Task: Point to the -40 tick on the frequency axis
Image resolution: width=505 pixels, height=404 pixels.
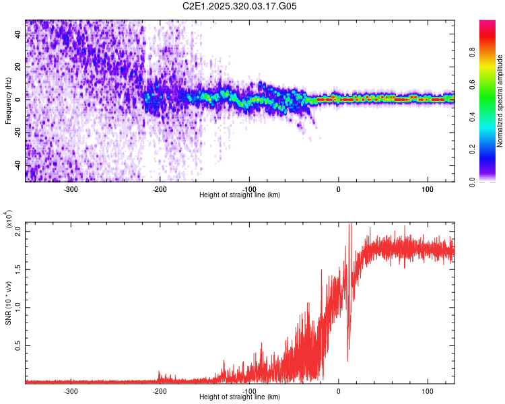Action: tap(18, 166)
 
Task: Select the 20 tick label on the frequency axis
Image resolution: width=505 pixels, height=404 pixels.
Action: tap(18, 67)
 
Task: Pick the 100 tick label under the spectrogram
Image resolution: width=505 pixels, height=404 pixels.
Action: tap(427, 189)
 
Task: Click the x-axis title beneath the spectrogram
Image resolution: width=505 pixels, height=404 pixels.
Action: tap(240, 195)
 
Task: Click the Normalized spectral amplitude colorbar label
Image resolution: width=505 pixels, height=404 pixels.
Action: tap(500, 101)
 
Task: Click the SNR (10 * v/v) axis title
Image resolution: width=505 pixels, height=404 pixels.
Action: tap(9, 303)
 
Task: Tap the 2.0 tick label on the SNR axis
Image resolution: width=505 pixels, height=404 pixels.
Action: tap(18, 231)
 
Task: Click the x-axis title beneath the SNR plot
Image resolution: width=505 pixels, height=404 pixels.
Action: tap(240, 397)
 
